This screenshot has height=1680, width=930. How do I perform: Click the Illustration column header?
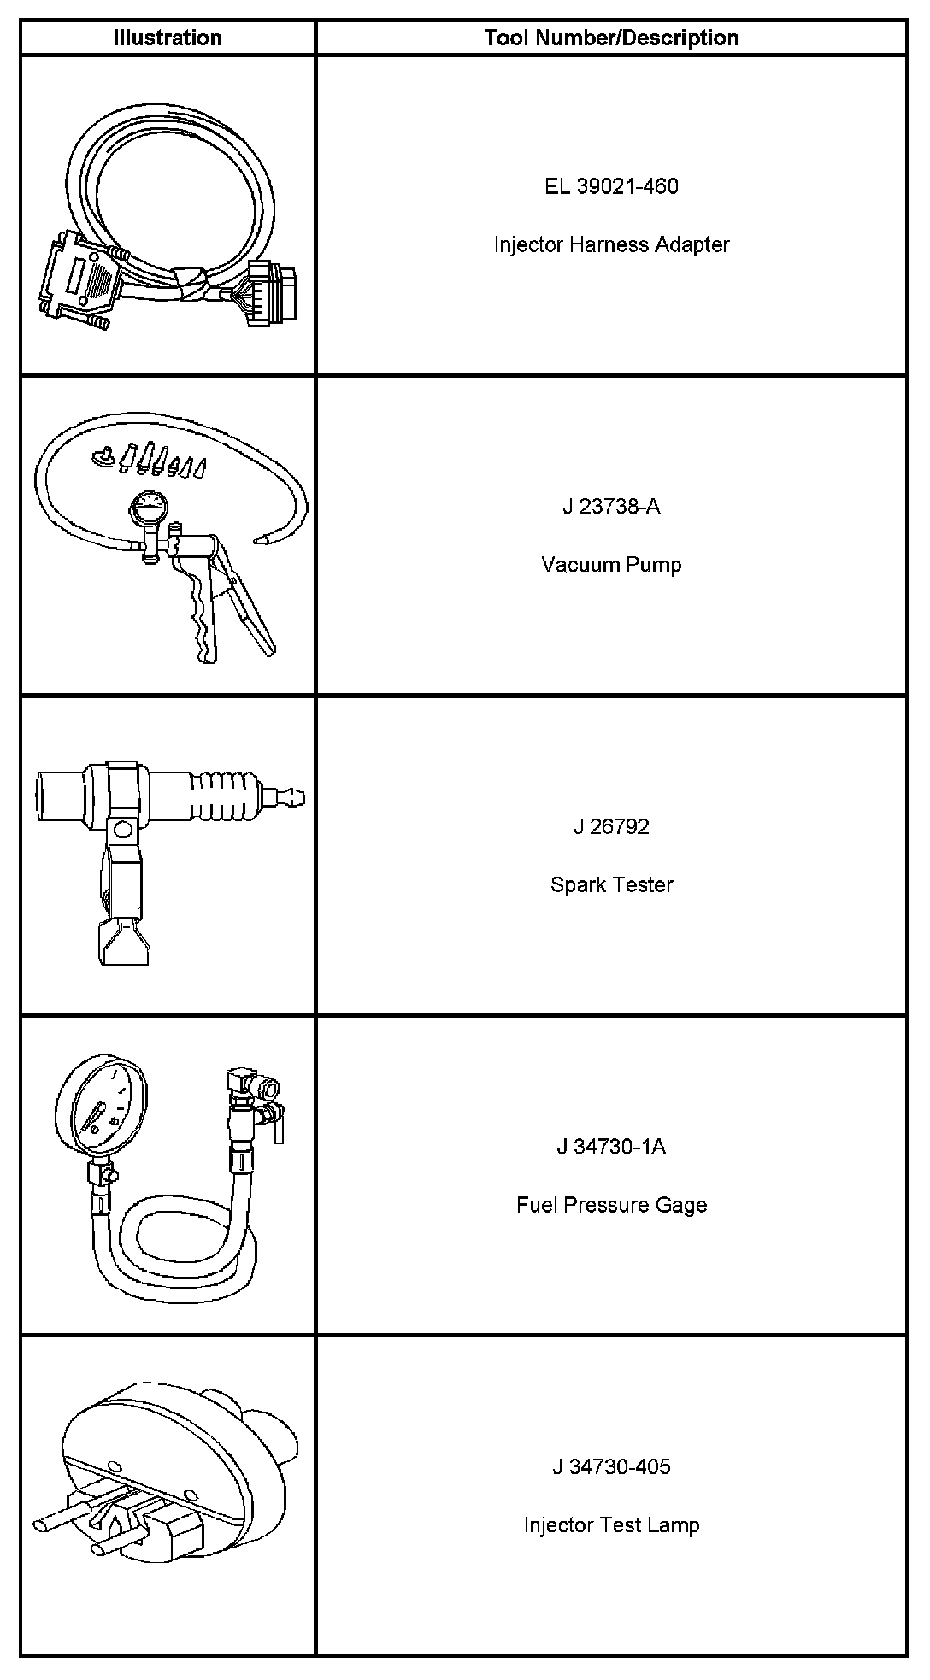[168, 38]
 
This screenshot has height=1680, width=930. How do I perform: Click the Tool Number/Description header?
[611, 38]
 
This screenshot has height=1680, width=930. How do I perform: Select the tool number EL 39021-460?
[611, 186]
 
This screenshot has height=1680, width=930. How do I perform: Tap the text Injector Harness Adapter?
[611, 244]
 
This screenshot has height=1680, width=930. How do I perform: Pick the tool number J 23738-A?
[611, 506]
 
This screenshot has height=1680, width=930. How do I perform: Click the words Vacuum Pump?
[611, 564]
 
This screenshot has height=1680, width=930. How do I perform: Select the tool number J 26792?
[611, 826]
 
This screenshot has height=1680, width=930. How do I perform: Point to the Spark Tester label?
[611, 884]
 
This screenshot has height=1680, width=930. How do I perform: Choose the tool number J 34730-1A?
[611, 1147]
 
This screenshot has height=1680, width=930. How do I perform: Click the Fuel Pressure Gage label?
[611, 1205]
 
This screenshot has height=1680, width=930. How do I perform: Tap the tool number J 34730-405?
[611, 1466]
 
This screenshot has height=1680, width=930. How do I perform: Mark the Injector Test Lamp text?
[611, 1524]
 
